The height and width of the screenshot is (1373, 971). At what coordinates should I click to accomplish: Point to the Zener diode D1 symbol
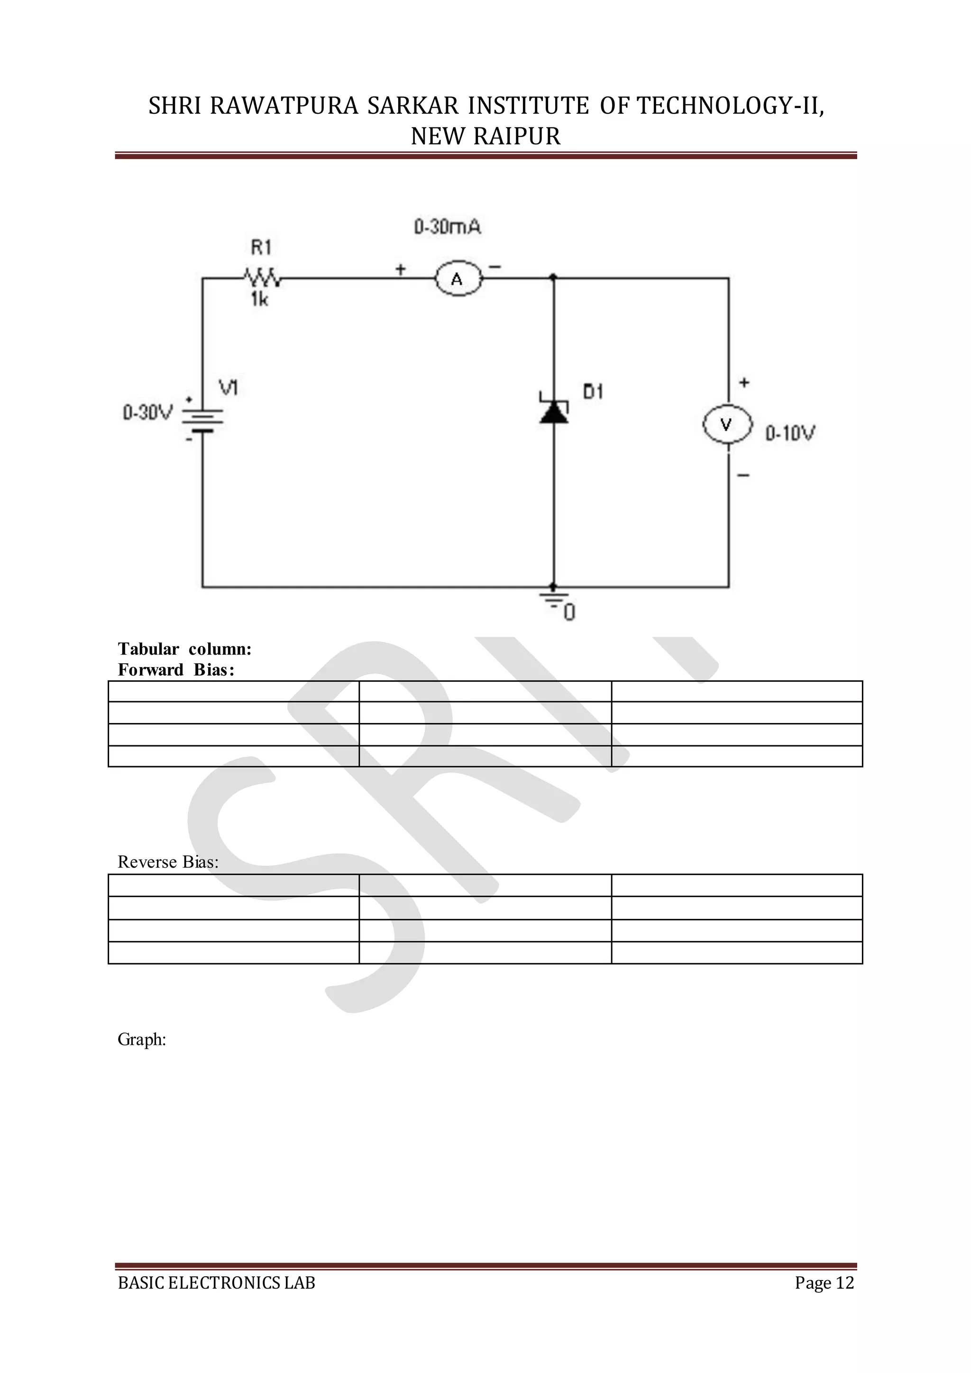click(554, 410)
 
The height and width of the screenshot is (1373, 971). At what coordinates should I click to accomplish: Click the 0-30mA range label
click(448, 227)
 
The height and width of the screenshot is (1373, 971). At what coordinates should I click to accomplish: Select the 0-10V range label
click(790, 433)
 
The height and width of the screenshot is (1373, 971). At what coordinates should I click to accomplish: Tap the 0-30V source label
click(147, 412)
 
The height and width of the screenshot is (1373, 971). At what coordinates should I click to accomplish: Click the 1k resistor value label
click(259, 299)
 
